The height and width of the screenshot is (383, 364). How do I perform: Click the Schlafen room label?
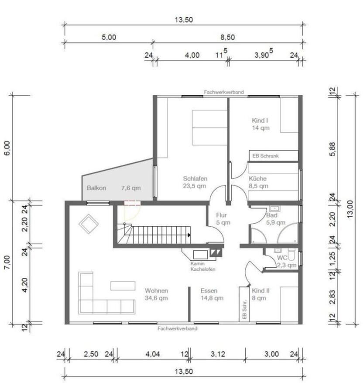tap(195, 179)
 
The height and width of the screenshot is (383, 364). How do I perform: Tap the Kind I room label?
tap(260, 121)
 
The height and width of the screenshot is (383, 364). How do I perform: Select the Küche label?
tap(258, 179)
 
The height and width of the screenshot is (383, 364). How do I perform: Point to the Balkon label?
tap(96, 188)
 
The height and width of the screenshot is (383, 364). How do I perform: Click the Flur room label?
tap(221, 215)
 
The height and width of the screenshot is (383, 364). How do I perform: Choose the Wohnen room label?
tap(156, 291)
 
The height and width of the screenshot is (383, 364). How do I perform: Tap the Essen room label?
tap(209, 291)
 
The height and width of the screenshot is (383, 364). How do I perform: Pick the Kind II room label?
tap(261, 291)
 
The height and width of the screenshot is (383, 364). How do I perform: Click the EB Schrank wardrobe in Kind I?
tap(273, 156)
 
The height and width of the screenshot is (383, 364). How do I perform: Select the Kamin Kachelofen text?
tap(203, 266)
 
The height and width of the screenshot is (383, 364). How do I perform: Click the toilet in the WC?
tap(291, 254)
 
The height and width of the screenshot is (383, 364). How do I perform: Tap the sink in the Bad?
tap(275, 209)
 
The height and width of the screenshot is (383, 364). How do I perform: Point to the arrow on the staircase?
tap(189, 235)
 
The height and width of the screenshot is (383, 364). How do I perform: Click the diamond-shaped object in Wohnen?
tap(88, 224)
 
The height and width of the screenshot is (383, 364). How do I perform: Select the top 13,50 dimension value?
tap(184, 20)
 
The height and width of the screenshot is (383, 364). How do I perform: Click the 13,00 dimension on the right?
tap(350, 209)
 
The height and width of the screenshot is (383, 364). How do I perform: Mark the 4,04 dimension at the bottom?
tap(153, 354)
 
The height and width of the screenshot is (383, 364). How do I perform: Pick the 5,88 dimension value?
tap(333, 149)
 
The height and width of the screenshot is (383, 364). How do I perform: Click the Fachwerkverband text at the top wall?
tap(223, 92)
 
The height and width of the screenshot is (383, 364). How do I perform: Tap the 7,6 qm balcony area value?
tap(131, 188)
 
